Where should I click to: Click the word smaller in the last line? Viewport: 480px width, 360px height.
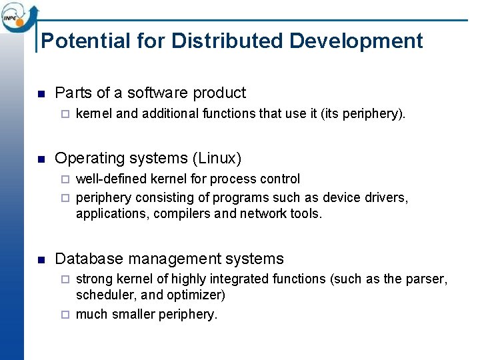[129, 314]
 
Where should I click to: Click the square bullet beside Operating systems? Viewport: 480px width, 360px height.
[41, 159]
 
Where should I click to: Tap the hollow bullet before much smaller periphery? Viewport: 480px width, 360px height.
[65, 314]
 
